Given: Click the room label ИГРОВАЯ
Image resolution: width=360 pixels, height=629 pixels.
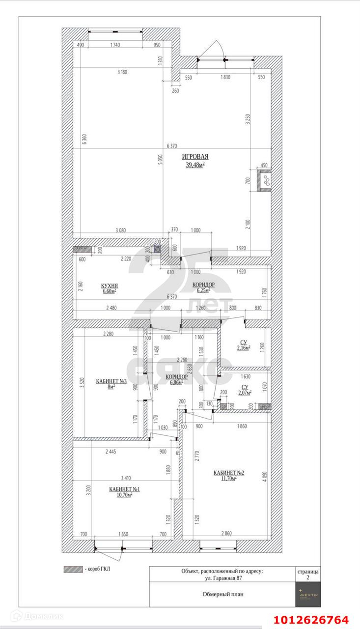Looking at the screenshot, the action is pos(195,157).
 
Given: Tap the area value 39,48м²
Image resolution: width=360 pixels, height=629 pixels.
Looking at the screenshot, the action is pos(195,165).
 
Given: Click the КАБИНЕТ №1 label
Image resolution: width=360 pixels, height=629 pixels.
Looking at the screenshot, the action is pos(125,489).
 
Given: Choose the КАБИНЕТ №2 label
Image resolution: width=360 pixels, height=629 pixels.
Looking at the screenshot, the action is pos(229,473).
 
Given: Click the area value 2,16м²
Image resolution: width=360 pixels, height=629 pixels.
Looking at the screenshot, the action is pos(244,348).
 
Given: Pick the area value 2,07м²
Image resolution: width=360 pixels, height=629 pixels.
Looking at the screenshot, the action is pos(244,393).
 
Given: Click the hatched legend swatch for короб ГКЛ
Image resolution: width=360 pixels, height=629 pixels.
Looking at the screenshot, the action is pos(73,570).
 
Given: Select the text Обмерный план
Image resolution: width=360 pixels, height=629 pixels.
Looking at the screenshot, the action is pos(222,594).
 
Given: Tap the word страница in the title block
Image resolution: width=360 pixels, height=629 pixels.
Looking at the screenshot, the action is pos(308,572).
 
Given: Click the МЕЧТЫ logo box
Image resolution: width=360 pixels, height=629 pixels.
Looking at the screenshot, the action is pos(308,594).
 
